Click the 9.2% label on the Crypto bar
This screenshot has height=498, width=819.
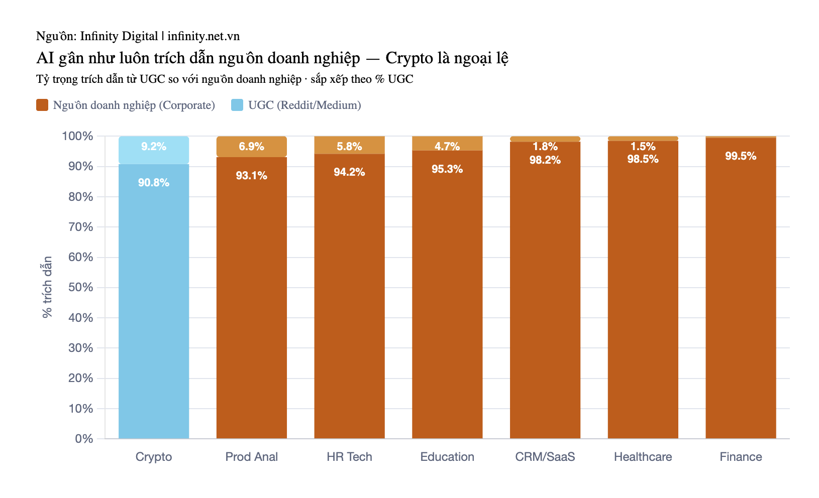(154, 147)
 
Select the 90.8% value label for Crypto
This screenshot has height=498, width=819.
(154, 182)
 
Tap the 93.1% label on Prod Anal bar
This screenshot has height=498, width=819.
(252, 175)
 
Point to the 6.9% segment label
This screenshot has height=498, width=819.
(252, 147)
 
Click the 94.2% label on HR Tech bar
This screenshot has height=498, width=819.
(349, 172)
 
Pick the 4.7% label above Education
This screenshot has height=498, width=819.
(447, 147)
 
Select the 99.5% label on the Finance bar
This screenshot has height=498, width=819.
(741, 156)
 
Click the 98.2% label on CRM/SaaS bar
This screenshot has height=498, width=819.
(545, 160)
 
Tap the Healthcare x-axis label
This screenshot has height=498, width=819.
(643, 457)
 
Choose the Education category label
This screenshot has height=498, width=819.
(447, 457)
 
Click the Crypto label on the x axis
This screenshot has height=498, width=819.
(154, 457)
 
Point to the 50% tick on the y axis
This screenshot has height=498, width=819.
(81, 287)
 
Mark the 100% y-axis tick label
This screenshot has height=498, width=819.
(77, 136)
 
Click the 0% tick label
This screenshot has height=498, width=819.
(84, 438)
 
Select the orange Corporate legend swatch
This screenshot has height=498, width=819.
(42, 105)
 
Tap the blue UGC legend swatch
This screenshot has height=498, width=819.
(237, 105)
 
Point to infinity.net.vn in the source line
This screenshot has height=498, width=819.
(203, 36)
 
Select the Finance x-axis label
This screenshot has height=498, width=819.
(741, 457)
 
